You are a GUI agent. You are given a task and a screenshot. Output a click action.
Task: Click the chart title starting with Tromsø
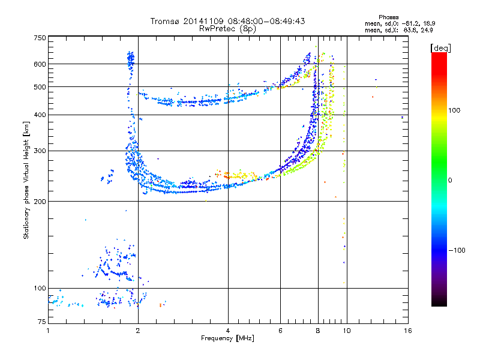click(227, 21)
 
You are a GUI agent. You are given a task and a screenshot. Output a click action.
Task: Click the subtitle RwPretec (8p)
click(227, 29)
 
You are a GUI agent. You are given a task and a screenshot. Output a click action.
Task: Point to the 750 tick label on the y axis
click(40, 38)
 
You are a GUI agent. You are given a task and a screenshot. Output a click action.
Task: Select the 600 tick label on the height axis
click(40, 64)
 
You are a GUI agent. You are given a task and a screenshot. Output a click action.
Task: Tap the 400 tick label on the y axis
click(40, 115)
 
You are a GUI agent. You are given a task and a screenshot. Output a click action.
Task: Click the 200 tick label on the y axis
click(40, 202)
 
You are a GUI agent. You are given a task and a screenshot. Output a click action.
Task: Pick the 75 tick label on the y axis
click(42, 322)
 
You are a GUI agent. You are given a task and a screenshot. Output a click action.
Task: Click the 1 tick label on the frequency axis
click(48, 331)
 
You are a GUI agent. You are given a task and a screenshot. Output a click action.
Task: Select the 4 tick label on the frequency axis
click(228, 331)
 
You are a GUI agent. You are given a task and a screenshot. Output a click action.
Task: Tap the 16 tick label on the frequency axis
click(408, 331)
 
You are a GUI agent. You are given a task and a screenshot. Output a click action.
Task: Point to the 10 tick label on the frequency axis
click(347, 331)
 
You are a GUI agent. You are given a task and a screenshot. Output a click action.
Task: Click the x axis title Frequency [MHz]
click(227, 338)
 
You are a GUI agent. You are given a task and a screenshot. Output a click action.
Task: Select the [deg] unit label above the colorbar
click(440, 48)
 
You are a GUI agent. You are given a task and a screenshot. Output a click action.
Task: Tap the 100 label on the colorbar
click(454, 110)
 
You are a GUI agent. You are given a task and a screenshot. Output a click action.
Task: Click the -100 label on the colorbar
click(457, 250)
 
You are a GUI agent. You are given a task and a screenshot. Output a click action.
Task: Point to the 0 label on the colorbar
click(450, 181)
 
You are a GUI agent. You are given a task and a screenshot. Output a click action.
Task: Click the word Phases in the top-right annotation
click(388, 17)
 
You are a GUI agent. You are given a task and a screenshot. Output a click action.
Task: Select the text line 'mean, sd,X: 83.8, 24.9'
click(398, 31)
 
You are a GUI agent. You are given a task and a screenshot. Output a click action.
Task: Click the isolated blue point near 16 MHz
click(402, 117)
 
